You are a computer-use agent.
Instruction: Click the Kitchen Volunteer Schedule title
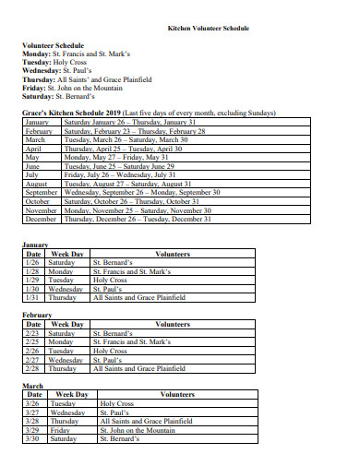click(x=208, y=29)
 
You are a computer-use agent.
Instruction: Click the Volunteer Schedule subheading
click(x=53, y=45)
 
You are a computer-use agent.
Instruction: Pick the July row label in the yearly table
click(x=32, y=173)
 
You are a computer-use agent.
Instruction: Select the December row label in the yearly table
click(x=41, y=219)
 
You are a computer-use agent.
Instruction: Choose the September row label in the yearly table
click(x=42, y=192)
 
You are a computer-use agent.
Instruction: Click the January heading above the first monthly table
click(x=35, y=245)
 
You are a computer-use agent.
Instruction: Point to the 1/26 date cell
click(x=33, y=263)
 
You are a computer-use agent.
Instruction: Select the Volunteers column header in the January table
click(x=174, y=254)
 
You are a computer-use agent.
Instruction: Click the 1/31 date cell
click(x=33, y=297)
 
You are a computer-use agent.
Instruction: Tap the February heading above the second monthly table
click(x=37, y=315)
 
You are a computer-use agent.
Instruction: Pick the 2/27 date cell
click(x=33, y=359)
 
